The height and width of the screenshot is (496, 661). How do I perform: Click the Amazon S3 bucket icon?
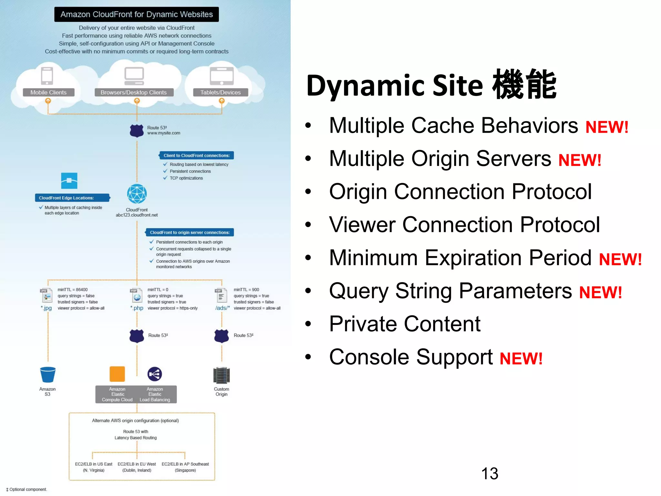point(48,375)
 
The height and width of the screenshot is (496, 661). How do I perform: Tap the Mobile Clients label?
point(48,92)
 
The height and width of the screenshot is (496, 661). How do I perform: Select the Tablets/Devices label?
point(220,92)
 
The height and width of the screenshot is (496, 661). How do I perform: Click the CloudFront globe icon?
point(137,194)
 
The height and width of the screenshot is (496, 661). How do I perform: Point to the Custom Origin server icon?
point(221,375)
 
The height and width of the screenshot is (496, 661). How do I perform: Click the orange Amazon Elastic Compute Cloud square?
point(117,374)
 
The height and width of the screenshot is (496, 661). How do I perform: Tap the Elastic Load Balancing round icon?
point(155,374)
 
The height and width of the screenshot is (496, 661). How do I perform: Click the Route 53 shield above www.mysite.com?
point(137,131)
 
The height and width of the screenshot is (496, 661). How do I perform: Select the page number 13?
point(490,474)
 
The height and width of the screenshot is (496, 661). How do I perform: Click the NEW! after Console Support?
point(521,358)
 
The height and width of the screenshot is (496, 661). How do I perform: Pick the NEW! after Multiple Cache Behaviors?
point(607,127)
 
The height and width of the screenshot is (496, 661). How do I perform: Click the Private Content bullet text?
point(405,324)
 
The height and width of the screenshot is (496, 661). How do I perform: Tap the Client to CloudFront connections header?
point(196,156)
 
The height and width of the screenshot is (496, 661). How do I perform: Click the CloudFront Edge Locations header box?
point(72,198)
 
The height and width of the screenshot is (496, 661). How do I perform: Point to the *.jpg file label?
point(46,308)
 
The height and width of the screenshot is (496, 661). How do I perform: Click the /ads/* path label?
point(222,308)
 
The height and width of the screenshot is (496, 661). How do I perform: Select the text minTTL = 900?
point(246,290)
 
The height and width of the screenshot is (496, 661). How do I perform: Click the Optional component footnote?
point(26,490)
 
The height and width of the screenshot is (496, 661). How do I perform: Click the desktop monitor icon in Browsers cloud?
point(134,76)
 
